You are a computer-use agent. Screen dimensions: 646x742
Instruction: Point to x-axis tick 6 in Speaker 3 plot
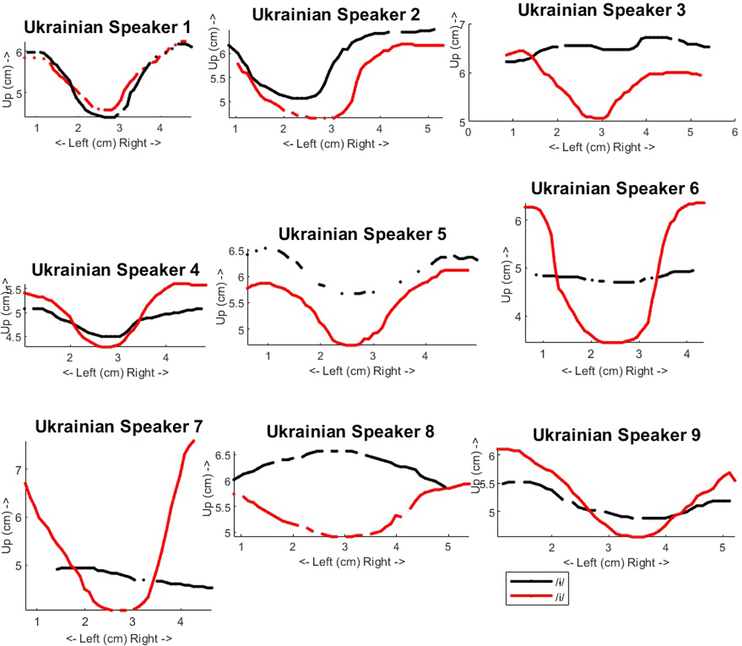point(734,132)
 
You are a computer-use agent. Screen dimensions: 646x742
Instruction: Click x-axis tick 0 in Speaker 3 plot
point(468,132)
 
